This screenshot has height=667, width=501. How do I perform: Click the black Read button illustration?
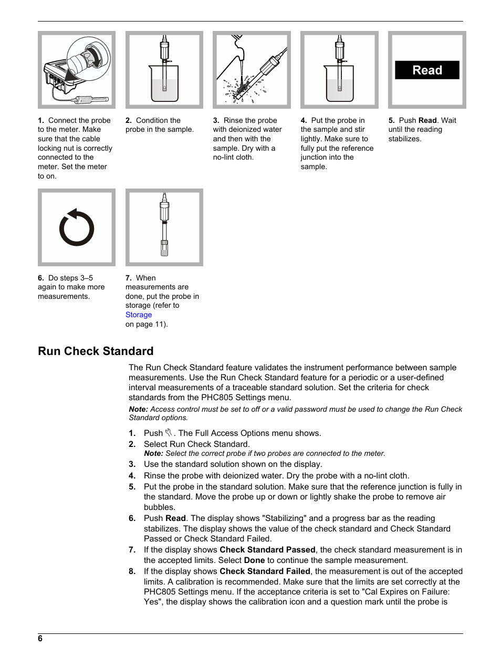point(427,70)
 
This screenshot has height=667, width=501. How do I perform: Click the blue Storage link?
point(139,315)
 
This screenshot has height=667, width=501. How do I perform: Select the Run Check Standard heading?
point(96,351)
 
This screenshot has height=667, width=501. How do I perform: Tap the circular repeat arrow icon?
point(77,228)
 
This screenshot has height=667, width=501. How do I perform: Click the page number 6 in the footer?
point(40,638)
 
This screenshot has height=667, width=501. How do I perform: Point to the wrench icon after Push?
point(169,433)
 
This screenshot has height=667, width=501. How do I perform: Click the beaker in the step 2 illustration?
point(164,84)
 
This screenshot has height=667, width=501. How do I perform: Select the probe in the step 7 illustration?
point(164,226)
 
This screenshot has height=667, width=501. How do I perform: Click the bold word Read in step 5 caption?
point(427,120)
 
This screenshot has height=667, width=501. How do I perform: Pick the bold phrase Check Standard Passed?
point(267,549)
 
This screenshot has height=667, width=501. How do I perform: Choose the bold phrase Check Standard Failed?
point(265,571)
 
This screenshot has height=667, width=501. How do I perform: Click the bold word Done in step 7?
point(254,560)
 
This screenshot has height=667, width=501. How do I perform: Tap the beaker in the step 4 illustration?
point(339,84)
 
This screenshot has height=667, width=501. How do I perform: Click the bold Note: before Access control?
point(138,409)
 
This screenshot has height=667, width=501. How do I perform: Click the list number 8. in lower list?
point(132,571)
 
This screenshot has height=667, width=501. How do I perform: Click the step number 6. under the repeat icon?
point(41,278)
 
